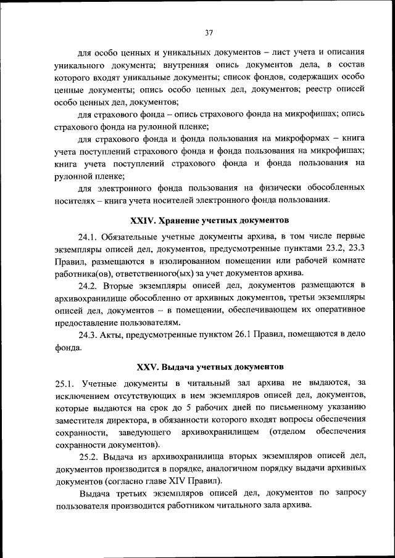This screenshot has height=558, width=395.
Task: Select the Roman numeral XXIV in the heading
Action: pos(143,220)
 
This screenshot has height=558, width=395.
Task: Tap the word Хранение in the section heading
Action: pos(183,220)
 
